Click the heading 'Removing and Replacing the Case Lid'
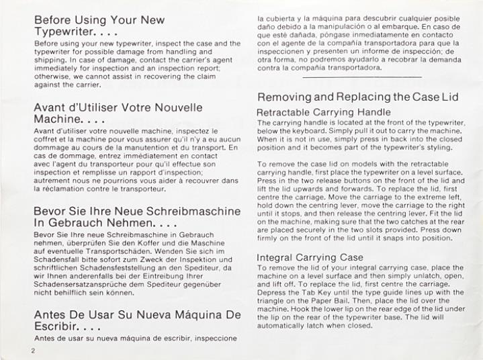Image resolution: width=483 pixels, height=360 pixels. pyautogui.click(x=357, y=97)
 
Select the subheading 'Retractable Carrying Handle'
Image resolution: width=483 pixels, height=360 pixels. pyautogui.click(x=324, y=112)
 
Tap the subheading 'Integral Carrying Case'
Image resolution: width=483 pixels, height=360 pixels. pyautogui.click(x=310, y=257)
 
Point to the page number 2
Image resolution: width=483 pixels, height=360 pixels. pyautogui.click(x=32, y=351)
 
